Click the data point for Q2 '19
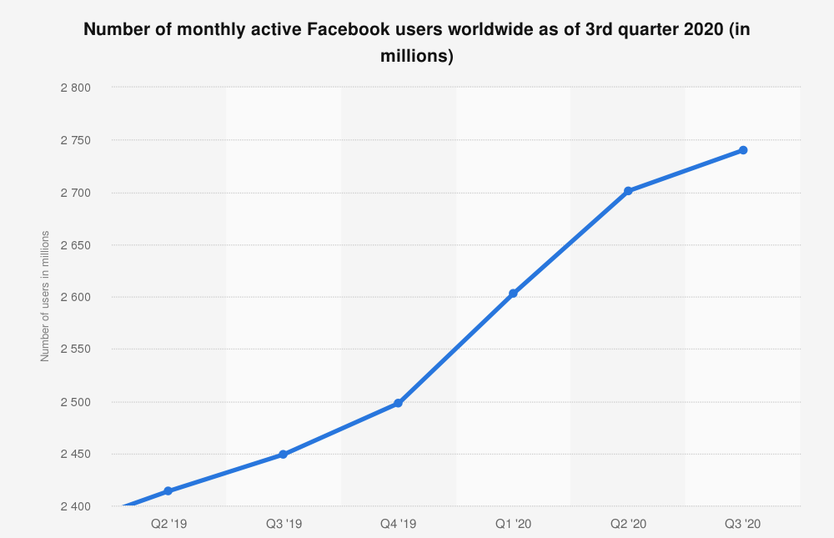click(168, 490)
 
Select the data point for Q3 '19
click(284, 455)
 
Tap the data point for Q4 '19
click(398, 403)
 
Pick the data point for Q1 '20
click(513, 294)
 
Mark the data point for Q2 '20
click(628, 191)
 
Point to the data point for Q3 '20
click(743, 150)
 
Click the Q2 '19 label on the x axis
click(168, 524)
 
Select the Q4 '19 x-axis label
click(398, 524)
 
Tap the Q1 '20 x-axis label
click(513, 524)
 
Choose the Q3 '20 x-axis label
click(743, 524)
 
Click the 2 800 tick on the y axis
click(75, 88)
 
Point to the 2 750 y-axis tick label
click(75, 140)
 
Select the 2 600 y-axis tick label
click(75, 297)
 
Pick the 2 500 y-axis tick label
click(75, 402)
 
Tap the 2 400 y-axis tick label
click(75, 506)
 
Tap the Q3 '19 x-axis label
click(284, 524)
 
